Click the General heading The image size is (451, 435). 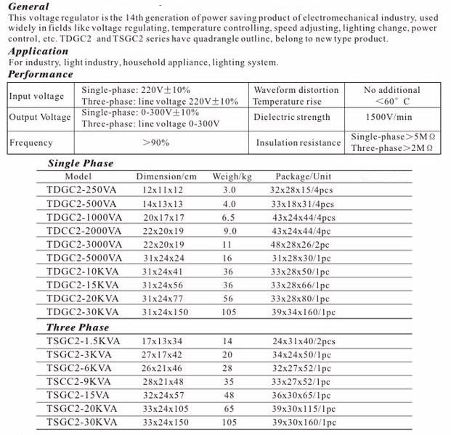tap(28, 7)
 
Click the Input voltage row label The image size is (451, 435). tap(36, 96)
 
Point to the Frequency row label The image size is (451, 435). tap(31, 143)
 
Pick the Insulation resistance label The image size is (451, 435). tap(298, 143)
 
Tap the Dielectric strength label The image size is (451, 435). tap(291, 117)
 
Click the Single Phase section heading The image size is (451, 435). tap(81, 163)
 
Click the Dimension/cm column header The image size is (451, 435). tap(166, 176)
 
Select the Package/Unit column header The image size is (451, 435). tap(303, 176)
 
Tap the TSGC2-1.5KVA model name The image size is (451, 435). tap(81, 341)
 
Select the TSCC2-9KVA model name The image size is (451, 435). tap(78, 382)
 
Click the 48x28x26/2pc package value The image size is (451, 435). tap(302, 245)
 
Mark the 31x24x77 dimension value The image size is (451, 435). tap(164, 298)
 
